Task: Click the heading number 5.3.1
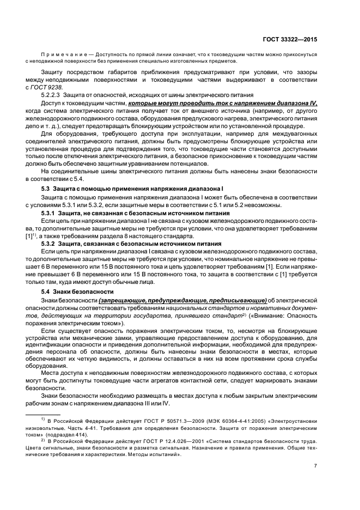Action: click(x=51, y=214)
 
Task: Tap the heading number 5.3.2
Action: click(x=51, y=244)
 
